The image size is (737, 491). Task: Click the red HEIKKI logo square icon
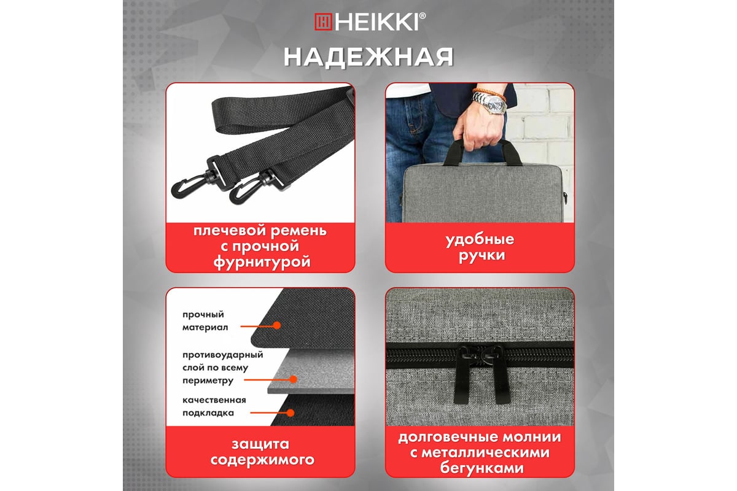click(x=324, y=21)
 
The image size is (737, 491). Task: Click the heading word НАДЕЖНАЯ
click(x=369, y=58)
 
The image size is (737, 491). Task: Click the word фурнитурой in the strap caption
click(x=262, y=263)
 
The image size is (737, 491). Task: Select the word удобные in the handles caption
click(x=480, y=239)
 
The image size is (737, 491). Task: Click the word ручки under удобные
click(x=482, y=255)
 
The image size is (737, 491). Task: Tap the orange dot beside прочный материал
click(x=277, y=325)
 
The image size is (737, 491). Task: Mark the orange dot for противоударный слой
click(x=293, y=379)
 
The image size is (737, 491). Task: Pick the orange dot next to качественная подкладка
click(x=290, y=412)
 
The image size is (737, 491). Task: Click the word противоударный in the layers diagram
click(x=223, y=355)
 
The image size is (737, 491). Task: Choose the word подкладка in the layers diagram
click(x=208, y=413)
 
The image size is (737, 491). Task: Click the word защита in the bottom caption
click(x=260, y=444)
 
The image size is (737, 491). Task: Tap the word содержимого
click(x=262, y=460)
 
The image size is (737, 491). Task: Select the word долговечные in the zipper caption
click(x=444, y=438)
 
